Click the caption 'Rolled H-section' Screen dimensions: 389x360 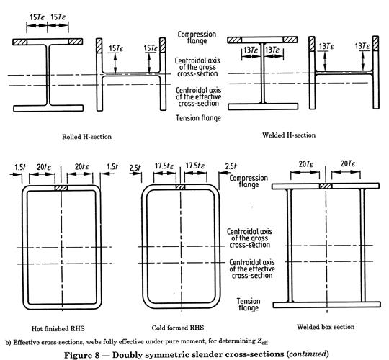click(86, 137)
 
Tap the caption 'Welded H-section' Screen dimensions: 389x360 click(289, 135)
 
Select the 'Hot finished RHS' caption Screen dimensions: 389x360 click(58, 328)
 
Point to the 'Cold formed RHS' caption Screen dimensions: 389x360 click(178, 328)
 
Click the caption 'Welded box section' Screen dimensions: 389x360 click(326, 327)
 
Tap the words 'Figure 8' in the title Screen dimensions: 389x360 click(82, 355)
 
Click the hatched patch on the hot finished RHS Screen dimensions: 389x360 click(61, 188)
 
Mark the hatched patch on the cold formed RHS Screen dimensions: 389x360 click(180, 187)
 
